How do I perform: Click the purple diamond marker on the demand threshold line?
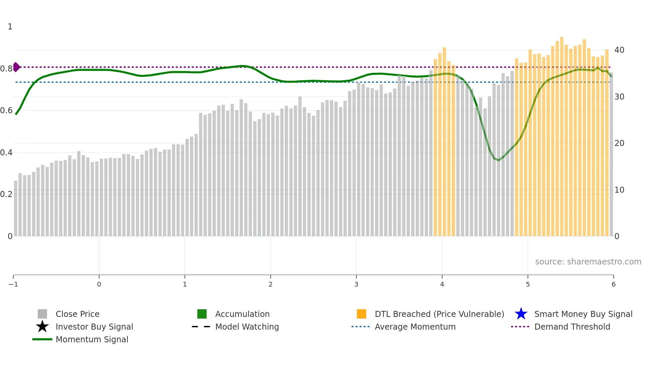pos(16,67)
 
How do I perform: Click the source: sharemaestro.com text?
pos(588,262)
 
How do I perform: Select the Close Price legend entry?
pos(77,314)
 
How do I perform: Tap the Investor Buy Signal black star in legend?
pos(42,327)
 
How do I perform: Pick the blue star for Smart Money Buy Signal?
pos(521,314)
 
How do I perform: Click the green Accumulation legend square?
pos(202,314)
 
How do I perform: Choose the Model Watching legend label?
pos(247,327)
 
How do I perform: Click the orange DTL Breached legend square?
pos(361,314)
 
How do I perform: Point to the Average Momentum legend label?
pos(415,327)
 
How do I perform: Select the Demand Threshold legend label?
pos(572,327)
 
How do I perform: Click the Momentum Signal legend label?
pos(92,340)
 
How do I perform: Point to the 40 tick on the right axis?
pos(619,50)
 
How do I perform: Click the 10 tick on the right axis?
pos(619,190)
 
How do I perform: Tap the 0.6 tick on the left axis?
pos(6,111)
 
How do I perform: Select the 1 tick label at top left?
pos(10,27)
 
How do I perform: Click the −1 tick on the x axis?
pos(13,285)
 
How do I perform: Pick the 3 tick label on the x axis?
pos(356,285)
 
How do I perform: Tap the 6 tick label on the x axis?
pos(613,285)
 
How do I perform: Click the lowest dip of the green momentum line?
pos(499,160)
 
